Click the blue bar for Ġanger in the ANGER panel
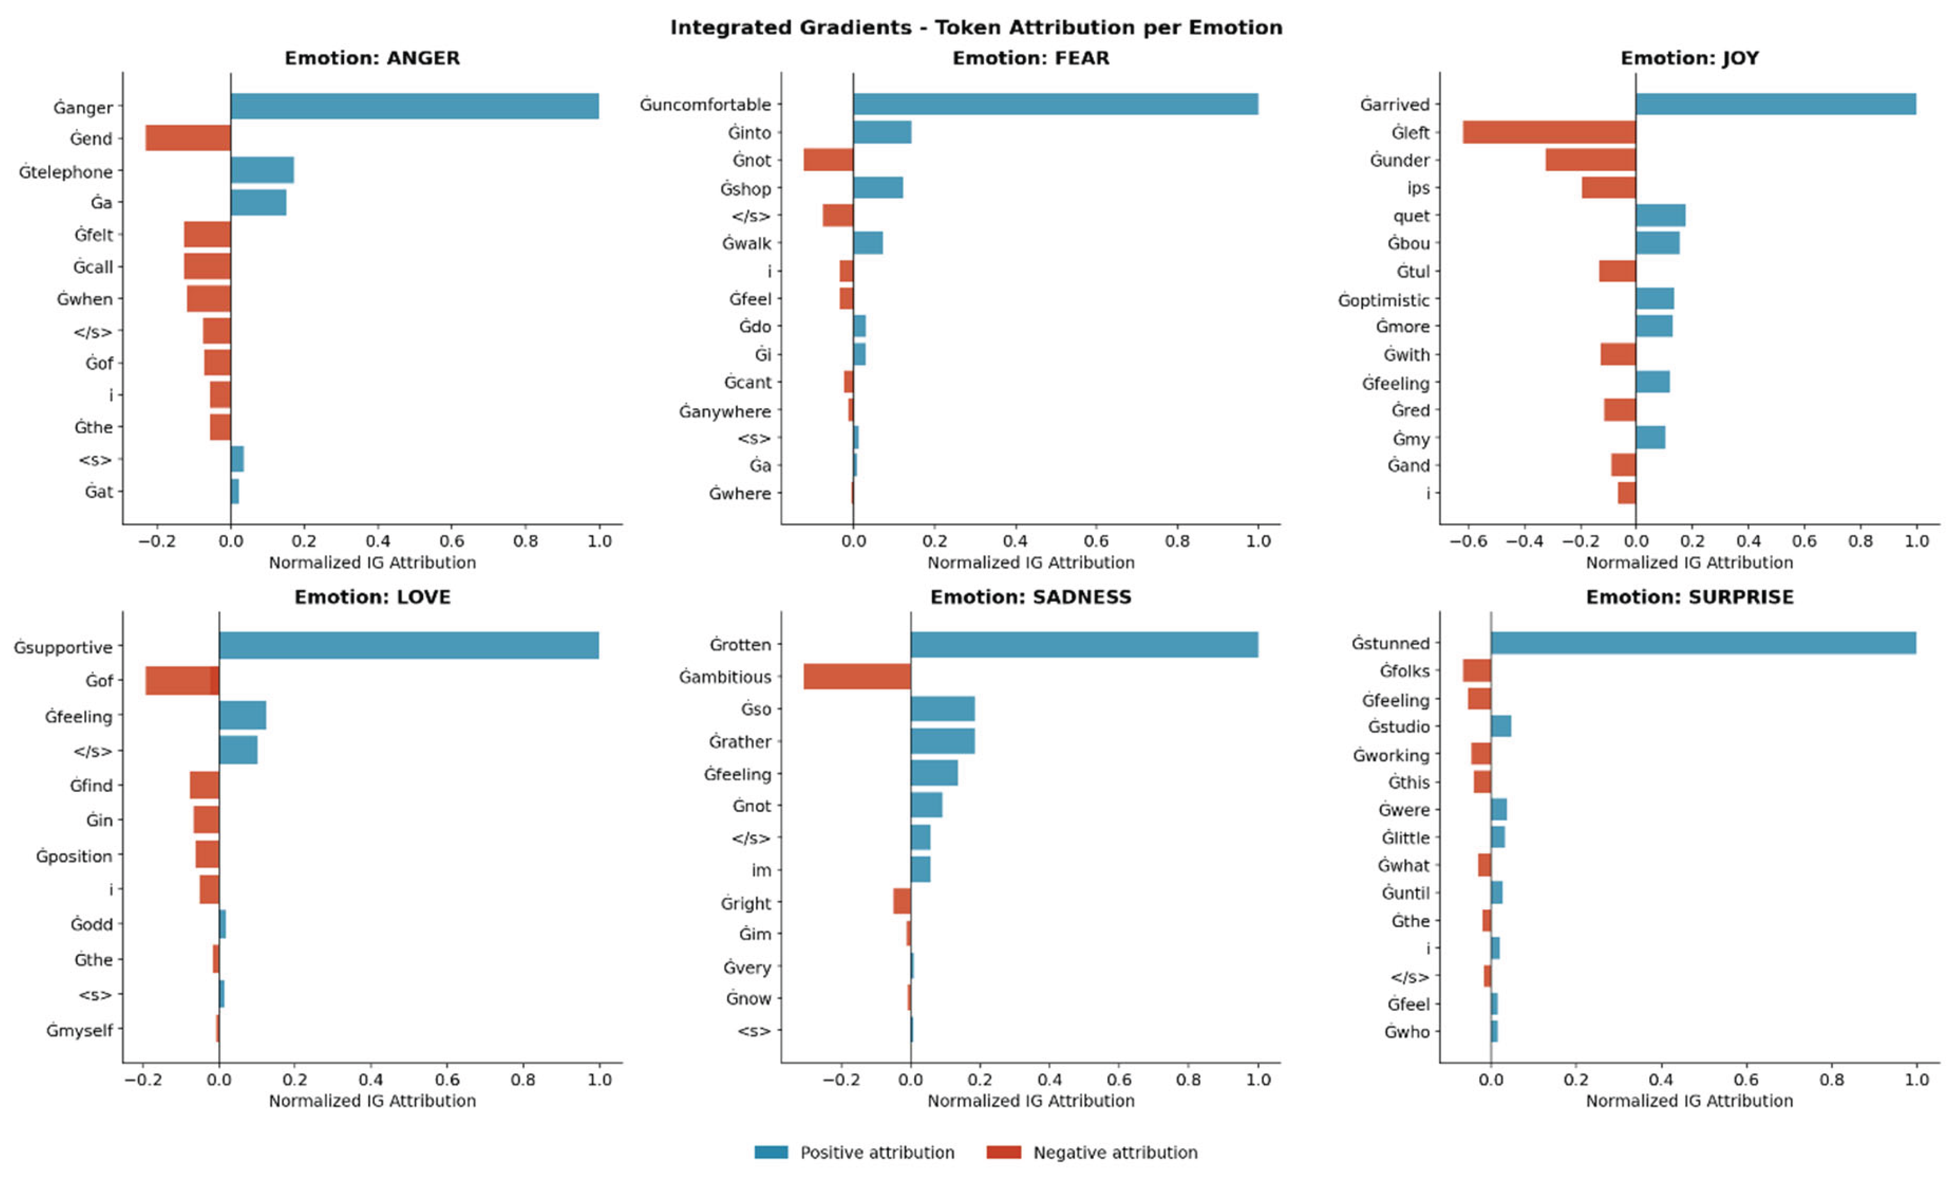click(x=414, y=106)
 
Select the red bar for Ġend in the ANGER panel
click(x=188, y=138)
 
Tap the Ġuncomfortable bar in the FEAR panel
click(x=1054, y=104)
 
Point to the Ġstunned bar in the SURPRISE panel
click(x=1703, y=643)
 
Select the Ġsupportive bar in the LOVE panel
click(x=409, y=645)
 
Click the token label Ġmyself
click(x=79, y=1031)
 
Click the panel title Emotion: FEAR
click(x=1030, y=58)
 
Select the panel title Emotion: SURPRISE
click(x=1689, y=597)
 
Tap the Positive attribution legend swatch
click(x=771, y=1152)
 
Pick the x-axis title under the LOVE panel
click(x=372, y=1101)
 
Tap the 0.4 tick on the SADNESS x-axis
click(x=1049, y=1079)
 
